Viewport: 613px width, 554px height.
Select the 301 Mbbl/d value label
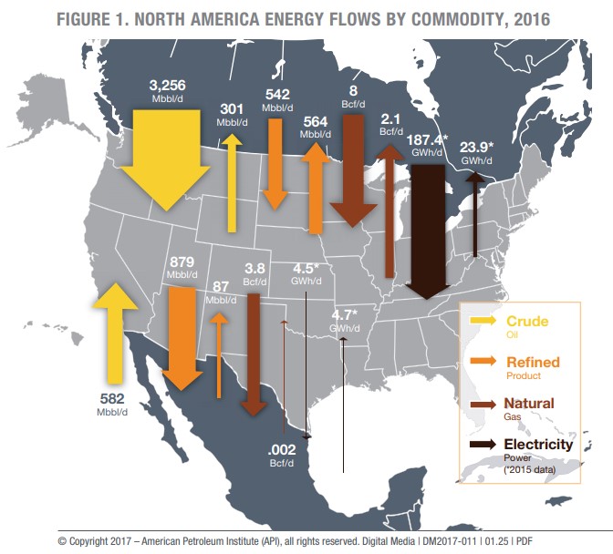tap(232, 114)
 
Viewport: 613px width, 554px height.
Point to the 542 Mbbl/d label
tap(276, 98)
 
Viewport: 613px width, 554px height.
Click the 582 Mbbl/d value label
tap(110, 404)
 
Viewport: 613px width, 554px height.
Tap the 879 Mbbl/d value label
tap(182, 267)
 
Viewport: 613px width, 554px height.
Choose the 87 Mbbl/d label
tap(219, 292)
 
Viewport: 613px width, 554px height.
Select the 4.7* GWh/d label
tap(343, 320)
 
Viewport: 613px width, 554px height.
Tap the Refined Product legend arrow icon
tap(481, 362)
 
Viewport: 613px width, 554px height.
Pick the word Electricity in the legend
tap(539, 444)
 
